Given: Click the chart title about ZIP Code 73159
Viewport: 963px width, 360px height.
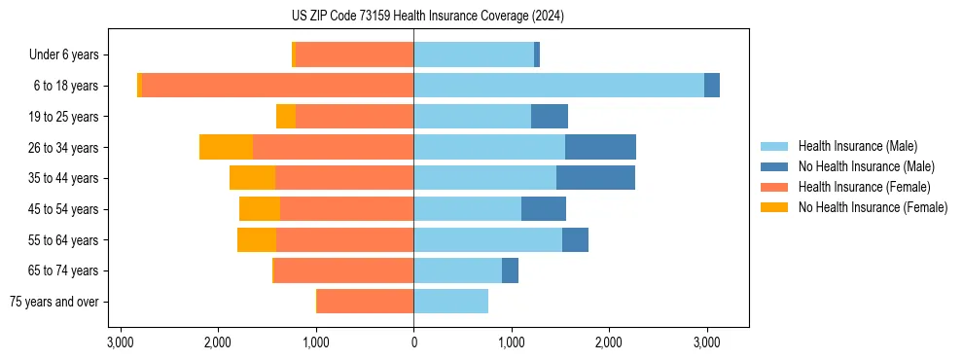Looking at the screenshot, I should tap(482, 17).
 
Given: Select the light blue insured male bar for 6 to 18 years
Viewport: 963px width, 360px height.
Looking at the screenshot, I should tap(558, 86).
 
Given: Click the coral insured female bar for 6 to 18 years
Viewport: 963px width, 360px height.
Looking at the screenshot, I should tap(277, 86).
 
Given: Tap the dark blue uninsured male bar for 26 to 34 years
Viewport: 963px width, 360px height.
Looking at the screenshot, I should tap(600, 147).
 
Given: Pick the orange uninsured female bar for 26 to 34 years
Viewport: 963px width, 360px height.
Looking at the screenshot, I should tap(226, 147).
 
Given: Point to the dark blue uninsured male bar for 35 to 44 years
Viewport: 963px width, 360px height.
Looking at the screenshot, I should tap(595, 178).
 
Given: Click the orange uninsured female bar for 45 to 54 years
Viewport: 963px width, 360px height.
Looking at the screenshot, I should tap(260, 209).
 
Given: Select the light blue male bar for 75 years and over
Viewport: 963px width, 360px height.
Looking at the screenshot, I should tap(450, 302).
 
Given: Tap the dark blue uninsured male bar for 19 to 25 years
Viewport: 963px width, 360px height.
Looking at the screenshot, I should tap(550, 117).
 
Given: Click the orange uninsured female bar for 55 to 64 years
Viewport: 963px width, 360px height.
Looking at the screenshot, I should tap(257, 240).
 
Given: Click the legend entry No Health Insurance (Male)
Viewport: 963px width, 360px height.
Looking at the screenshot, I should tap(865, 166).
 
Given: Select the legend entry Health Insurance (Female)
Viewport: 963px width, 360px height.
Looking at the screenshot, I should tap(863, 187).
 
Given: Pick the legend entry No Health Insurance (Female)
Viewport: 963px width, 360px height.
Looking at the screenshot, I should tap(872, 207).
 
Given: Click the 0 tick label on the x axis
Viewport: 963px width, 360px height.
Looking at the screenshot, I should tap(413, 342).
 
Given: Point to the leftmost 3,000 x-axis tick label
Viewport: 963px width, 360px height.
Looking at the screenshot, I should tap(120, 342).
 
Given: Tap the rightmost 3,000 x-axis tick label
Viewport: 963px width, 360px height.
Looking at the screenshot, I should tap(706, 342).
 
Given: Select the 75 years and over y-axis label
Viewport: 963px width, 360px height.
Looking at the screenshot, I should tap(53, 302).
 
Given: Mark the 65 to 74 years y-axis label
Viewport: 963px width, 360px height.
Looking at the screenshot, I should tap(64, 270).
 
